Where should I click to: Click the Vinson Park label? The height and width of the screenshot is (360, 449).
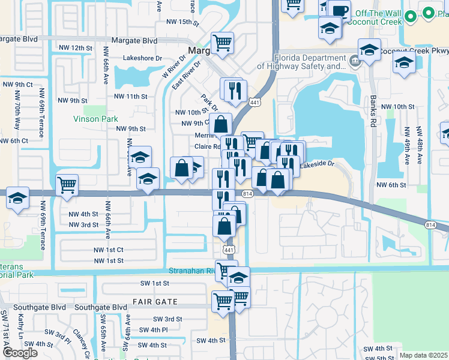(95, 119)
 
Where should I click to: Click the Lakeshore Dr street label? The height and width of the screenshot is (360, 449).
(143, 58)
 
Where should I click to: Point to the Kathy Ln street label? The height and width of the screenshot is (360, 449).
(20, 327)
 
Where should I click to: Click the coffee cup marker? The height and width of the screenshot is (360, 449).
(340, 10)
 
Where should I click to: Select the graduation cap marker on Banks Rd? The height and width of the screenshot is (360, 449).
(369, 50)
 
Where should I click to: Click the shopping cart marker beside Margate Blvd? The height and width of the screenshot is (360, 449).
(222, 43)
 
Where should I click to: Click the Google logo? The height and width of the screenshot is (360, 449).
(20, 353)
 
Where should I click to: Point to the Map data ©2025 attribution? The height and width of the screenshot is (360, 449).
(424, 355)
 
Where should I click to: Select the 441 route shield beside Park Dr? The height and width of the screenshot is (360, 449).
(255, 103)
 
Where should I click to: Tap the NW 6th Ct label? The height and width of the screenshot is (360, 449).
(14, 140)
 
